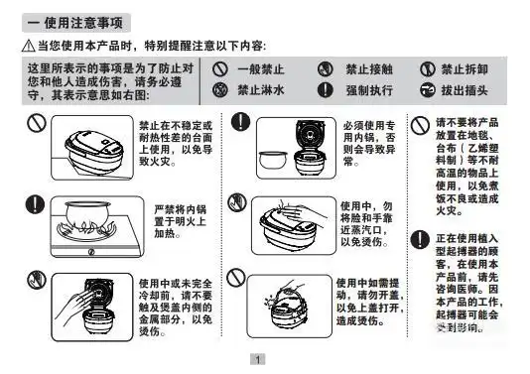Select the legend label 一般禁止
pyautogui.click(x=260, y=69)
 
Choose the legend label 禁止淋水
pyautogui.click(x=260, y=90)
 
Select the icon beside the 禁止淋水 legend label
pyautogui.click(x=221, y=90)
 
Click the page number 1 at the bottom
pyautogui.click(x=258, y=360)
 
